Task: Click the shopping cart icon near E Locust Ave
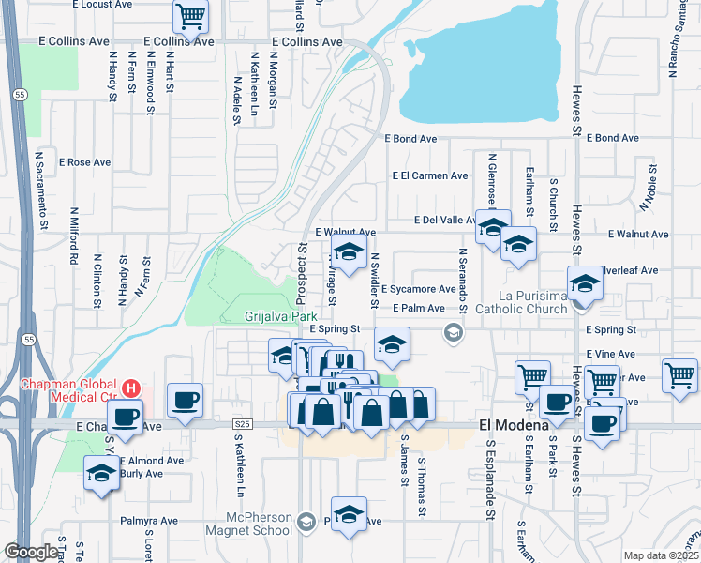(x=190, y=15)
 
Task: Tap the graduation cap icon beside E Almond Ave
(x=100, y=474)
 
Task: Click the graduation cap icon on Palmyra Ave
(x=349, y=514)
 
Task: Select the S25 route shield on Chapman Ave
(x=242, y=425)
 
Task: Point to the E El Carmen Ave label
(x=430, y=175)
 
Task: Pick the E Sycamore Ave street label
(x=418, y=289)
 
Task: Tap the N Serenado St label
(x=462, y=277)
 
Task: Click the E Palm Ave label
(x=418, y=308)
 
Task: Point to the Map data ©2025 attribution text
(x=660, y=555)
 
